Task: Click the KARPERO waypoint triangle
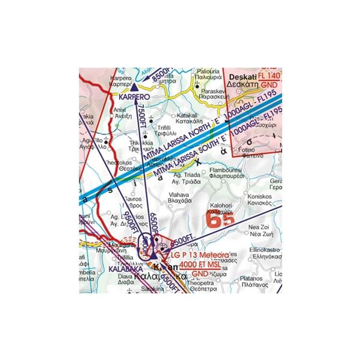(134, 88)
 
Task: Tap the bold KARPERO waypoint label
(134, 96)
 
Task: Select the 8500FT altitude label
(162, 75)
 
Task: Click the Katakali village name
(187, 115)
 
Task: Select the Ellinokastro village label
(259, 248)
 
